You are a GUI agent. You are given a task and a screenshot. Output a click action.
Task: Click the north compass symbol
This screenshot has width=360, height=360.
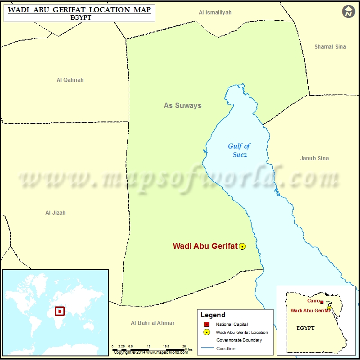pyautogui.click(x=348, y=12)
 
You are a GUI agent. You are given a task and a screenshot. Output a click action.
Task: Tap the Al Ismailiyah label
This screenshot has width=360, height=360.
pyautogui.click(x=215, y=13)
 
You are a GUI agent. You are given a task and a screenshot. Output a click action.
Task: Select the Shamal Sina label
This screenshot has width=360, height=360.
pyautogui.click(x=330, y=47)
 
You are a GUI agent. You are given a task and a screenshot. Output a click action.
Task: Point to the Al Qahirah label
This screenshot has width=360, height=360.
pyautogui.click(x=70, y=80)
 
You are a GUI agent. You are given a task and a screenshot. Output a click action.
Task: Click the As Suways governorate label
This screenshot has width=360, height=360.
pyautogui.click(x=182, y=106)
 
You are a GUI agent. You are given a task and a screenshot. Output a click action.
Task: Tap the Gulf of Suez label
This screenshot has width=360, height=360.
pyautogui.click(x=239, y=150)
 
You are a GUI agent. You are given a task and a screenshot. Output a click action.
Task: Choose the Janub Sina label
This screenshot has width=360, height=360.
pyautogui.click(x=314, y=158)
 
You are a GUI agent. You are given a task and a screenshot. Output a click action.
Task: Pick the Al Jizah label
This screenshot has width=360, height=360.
pyautogui.click(x=55, y=213)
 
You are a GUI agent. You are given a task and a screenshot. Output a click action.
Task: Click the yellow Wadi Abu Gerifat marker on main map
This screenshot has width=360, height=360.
pyautogui.click(x=242, y=246)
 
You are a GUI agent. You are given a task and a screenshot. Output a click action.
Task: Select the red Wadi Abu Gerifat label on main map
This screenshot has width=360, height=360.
pyautogui.click(x=205, y=246)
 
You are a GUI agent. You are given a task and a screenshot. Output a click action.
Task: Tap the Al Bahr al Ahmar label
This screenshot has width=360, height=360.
pyautogui.click(x=153, y=323)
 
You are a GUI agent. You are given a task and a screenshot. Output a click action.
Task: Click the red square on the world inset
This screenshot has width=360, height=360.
pyautogui.click(x=60, y=311)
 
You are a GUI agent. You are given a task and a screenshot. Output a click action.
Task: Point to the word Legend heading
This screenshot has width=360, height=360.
pyautogui.click(x=213, y=315)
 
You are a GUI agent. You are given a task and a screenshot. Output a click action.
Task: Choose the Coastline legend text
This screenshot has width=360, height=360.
pyautogui.click(x=225, y=348)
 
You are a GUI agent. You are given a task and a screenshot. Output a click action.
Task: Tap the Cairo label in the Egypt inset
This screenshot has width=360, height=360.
pyautogui.click(x=313, y=301)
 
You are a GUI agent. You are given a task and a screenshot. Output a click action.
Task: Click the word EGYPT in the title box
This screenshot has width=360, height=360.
pyautogui.click(x=79, y=18)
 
